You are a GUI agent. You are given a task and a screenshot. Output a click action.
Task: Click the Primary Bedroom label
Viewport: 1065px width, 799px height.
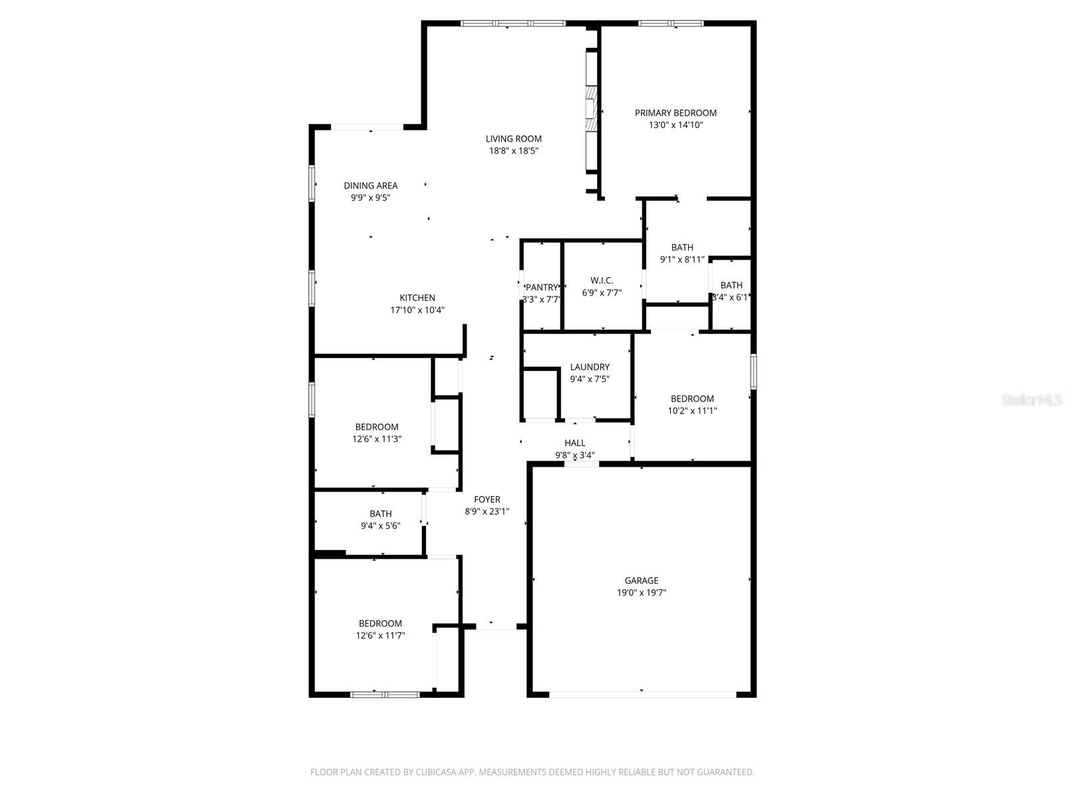click(x=676, y=113)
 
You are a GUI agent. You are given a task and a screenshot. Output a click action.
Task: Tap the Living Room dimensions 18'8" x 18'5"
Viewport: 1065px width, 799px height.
click(x=513, y=151)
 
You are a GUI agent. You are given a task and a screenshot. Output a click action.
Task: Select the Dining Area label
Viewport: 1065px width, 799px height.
click(x=371, y=186)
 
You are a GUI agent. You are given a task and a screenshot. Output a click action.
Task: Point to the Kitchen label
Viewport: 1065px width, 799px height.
click(x=417, y=298)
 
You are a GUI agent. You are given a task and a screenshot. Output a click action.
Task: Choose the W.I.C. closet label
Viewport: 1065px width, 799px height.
click(x=602, y=280)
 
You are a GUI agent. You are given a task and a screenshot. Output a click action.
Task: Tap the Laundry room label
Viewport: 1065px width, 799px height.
click(x=590, y=367)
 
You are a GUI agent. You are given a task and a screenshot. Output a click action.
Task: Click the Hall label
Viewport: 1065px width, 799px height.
click(x=575, y=443)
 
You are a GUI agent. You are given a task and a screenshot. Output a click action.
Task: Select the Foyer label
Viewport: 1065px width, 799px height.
click(x=487, y=499)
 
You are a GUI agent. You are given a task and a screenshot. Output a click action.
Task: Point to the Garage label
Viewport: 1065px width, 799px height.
click(x=642, y=581)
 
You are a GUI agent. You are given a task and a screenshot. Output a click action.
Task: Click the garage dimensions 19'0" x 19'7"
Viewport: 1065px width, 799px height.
click(x=642, y=593)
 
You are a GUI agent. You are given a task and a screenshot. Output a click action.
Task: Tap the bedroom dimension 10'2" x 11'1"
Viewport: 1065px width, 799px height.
click(x=692, y=411)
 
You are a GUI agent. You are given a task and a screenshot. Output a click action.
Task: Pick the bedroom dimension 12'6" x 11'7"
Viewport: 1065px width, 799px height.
click(x=380, y=636)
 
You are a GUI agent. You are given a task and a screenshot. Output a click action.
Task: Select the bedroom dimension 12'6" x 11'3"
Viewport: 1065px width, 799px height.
click(x=377, y=439)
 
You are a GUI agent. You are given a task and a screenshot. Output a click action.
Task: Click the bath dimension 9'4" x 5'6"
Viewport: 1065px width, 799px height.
click(x=381, y=526)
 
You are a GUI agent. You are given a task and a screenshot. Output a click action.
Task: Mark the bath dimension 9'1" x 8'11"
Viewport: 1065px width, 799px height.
click(x=682, y=260)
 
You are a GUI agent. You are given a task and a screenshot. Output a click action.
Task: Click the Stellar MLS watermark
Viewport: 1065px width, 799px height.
click(x=1031, y=400)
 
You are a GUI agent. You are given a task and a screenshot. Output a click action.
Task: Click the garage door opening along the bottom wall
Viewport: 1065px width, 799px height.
click(x=642, y=694)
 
